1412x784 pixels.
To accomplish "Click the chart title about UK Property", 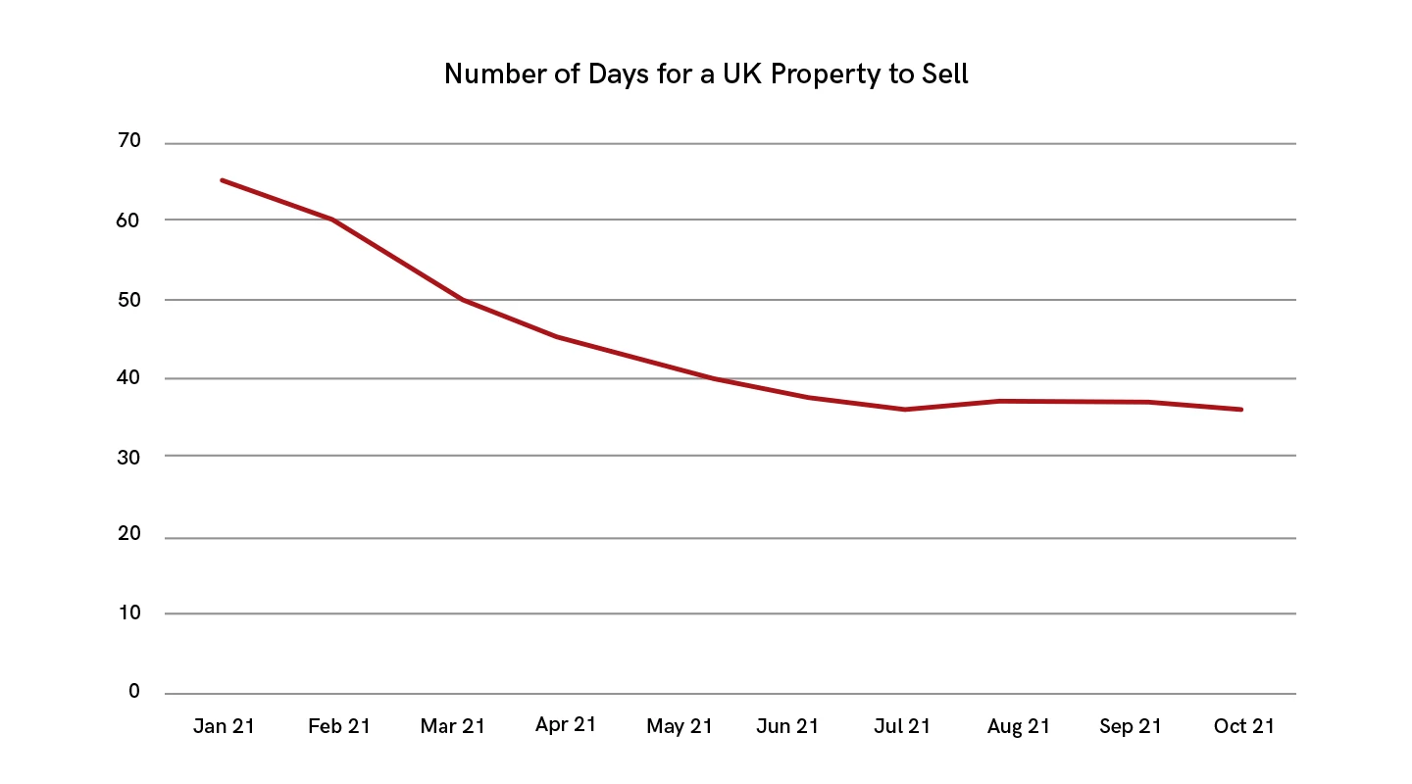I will [706, 74].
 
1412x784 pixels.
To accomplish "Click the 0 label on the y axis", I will [134, 692].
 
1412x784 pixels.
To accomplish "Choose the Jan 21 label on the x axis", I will [224, 726].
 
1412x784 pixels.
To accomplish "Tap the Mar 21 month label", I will [452, 726].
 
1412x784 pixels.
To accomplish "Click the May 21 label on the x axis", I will [680, 726].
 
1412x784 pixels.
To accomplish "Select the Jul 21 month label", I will [902, 726].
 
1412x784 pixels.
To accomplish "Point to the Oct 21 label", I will [1243, 726].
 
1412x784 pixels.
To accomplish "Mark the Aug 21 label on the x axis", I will [1019, 726].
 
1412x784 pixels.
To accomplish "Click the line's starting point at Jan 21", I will [223, 180].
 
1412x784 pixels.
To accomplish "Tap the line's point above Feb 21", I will [333, 219].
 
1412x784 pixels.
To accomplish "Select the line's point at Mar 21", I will [462, 299].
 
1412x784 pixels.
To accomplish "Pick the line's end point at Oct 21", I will [1241, 410].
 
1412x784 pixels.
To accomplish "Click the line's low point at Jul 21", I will [904, 410].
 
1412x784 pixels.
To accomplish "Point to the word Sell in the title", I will [942, 74].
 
